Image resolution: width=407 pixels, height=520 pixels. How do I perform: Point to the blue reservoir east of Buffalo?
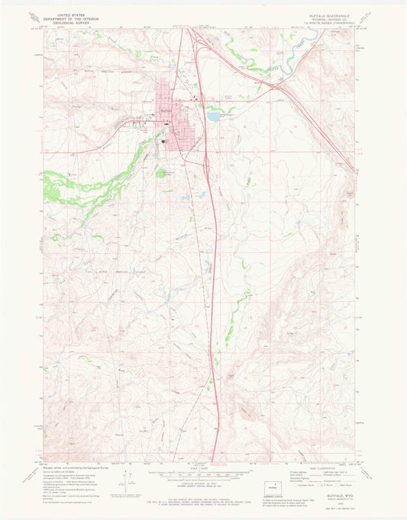213,117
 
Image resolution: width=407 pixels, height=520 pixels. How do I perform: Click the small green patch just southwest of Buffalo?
161,173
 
